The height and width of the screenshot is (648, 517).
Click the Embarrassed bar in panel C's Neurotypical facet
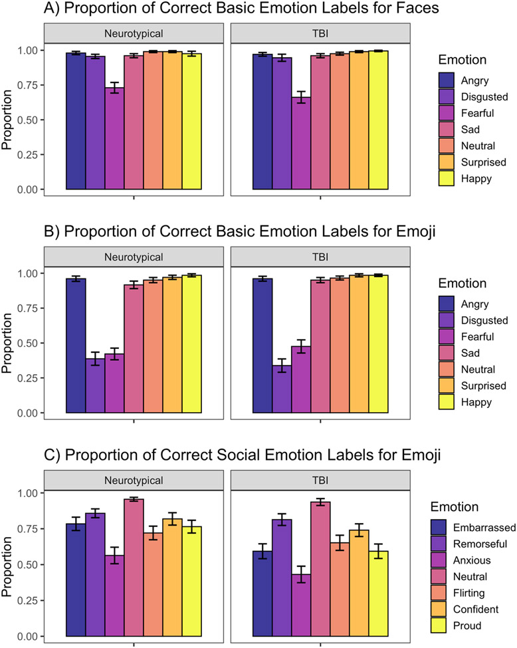click(x=76, y=580)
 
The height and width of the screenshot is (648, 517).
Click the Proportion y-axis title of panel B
click(x=9, y=343)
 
